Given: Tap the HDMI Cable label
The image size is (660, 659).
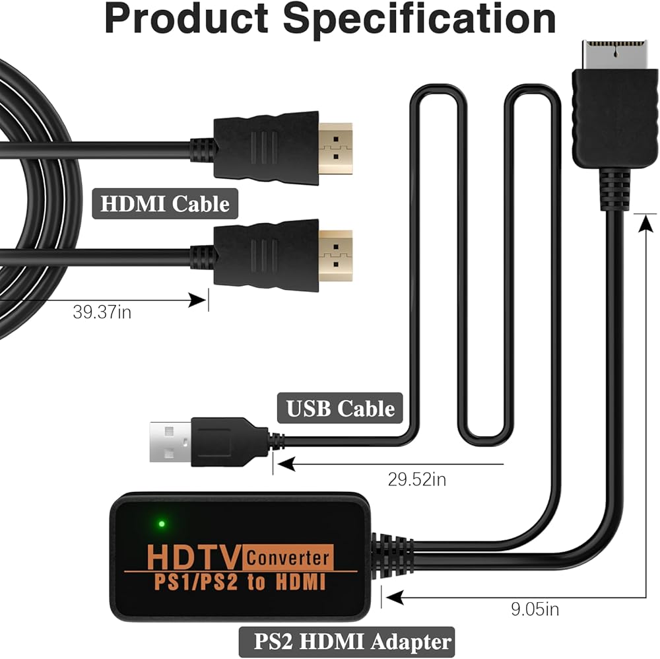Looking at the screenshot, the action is [165, 203].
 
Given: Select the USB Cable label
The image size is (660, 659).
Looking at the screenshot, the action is [341, 408].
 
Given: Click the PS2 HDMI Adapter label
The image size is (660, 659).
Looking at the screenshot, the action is [346, 641].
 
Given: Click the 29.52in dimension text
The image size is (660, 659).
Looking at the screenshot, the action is [416, 480].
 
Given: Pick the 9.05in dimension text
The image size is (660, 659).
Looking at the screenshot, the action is [535, 608].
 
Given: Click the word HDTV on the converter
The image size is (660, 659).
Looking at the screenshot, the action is [193, 557].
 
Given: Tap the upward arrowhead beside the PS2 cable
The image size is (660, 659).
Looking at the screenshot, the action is [643, 223].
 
